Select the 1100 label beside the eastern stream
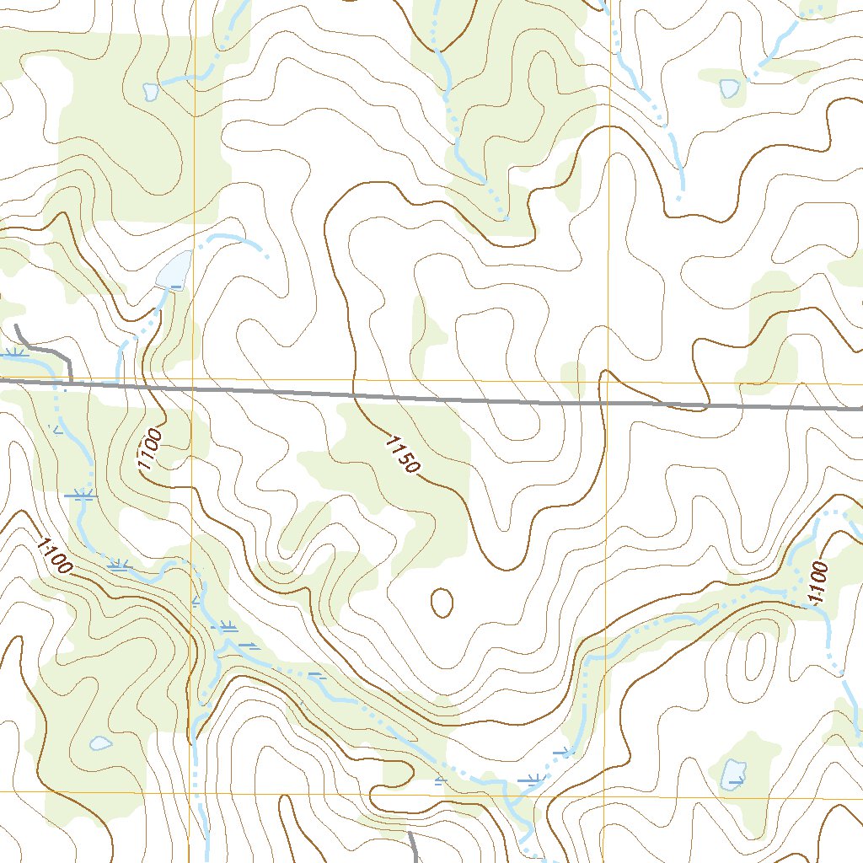point(817,582)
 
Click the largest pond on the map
point(174,271)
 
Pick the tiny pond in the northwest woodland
point(151,91)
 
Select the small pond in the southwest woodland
point(100,742)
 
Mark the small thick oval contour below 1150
point(442,602)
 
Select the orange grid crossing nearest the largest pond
point(193,380)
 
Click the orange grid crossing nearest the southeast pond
point(605,794)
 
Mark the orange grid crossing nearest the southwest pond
point(190,792)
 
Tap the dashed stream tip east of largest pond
point(265,255)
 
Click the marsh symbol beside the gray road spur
point(15,352)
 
